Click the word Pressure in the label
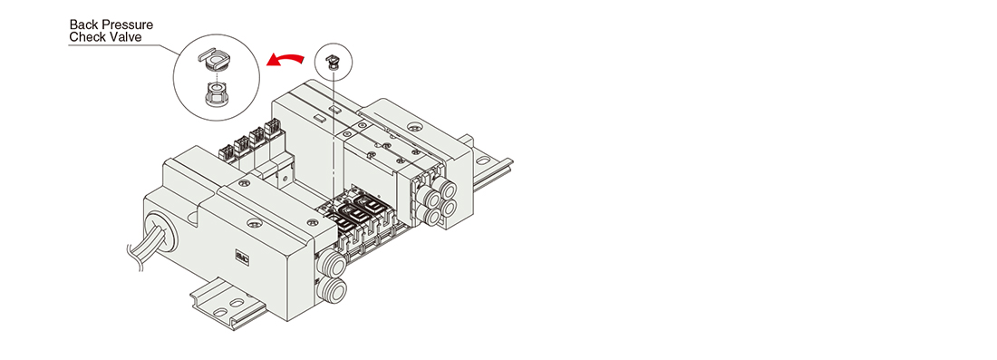click(129, 24)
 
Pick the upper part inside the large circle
click(214, 60)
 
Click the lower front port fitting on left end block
click(334, 290)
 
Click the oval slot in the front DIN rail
click(236, 304)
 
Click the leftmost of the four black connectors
click(227, 152)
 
